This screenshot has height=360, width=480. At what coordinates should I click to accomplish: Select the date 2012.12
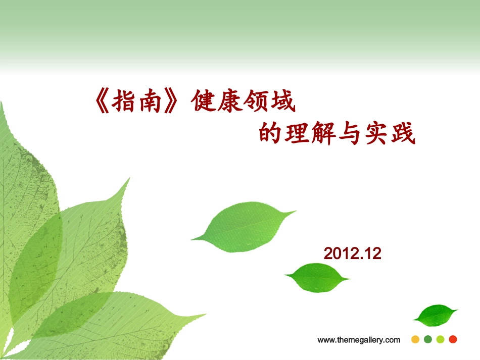pyautogui.click(x=352, y=253)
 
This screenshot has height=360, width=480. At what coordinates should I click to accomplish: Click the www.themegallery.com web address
pyautogui.click(x=359, y=340)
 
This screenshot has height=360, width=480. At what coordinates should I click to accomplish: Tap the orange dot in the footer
pyautogui.click(x=415, y=339)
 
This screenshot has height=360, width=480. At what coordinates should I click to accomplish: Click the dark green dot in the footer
pyautogui.click(x=428, y=339)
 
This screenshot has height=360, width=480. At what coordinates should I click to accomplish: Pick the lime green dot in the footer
pyautogui.click(x=440, y=339)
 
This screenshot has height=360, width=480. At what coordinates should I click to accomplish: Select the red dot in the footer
pyautogui.click(x=453, y=339)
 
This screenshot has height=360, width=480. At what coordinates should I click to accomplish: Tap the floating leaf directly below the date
pyautogui.click(x=317, y=277)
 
